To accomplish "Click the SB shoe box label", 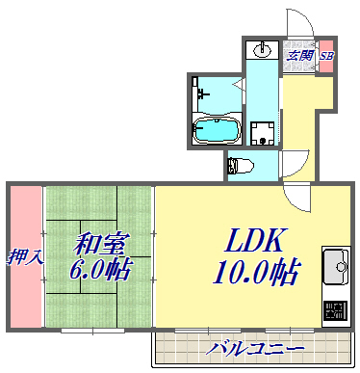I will pyautogui.click(x=326, y=55).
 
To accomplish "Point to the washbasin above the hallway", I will pyautogui.click(x=262, y=48).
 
